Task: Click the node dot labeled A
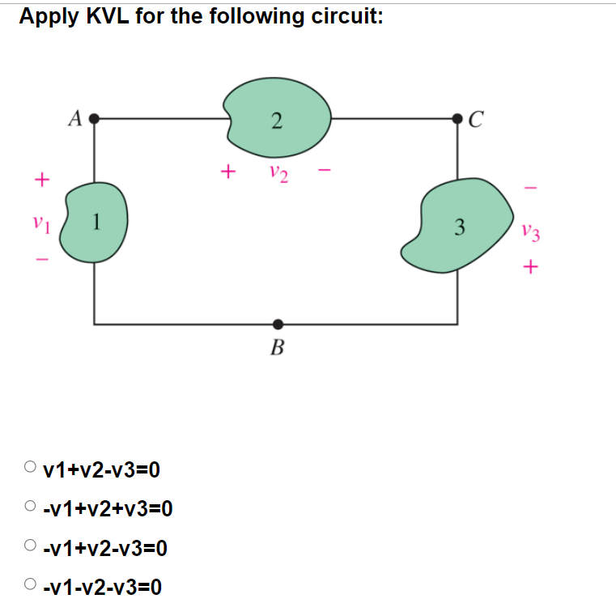click(95, 118)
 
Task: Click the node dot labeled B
click(278, 324)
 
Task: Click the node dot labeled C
click(461, 119)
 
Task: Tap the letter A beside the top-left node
click(75, 120)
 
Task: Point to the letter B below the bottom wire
click(277, 349)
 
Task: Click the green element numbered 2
click(278, 120)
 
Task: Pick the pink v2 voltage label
click(277, 172)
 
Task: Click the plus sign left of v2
click(229, 172)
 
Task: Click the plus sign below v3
click(530, 266)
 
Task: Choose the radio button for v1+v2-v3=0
click(30, 467)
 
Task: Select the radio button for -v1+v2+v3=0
click(30, 507)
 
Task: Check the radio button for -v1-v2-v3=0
click(30, 584)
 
